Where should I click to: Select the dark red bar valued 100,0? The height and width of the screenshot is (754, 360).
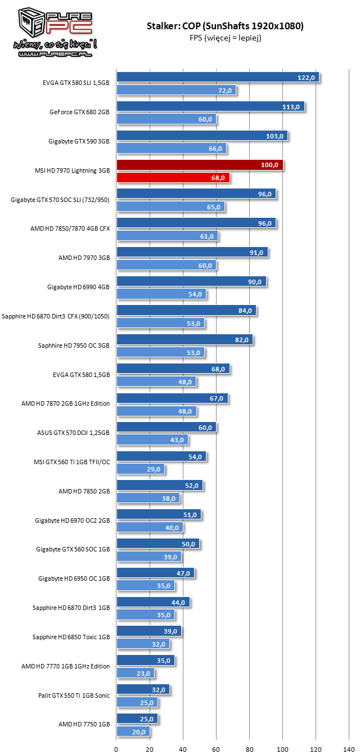click(199, 165)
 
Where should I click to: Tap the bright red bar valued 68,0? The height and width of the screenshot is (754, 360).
click(173, 178)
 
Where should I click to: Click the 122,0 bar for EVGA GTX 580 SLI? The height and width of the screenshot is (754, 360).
click(217, 77)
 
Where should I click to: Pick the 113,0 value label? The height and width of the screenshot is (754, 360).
click(290, 107)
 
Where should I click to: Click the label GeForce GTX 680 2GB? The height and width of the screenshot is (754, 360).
click(79, 112)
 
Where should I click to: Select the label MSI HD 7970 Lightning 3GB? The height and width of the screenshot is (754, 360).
click(72, 170)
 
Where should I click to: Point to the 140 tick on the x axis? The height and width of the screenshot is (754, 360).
click(349, 749)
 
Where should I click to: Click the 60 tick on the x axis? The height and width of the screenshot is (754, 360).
click(216, 749)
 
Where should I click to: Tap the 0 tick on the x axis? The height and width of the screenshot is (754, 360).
click(116, 749)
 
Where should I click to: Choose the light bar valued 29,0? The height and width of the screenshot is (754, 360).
click(140, 469)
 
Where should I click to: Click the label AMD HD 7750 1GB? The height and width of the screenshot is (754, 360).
click(84, 724)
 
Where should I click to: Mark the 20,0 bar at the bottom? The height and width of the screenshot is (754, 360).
click(133, 731)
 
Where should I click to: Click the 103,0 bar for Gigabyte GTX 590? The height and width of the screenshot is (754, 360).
click(201, 136)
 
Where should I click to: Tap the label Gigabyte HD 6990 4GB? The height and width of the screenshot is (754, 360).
click(79, 287)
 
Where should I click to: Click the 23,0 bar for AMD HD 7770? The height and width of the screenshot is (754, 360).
click(135, 673)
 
